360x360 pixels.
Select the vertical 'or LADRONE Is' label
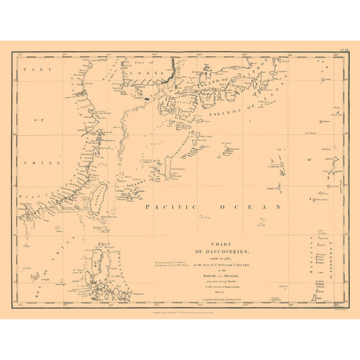click(332, 260)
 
